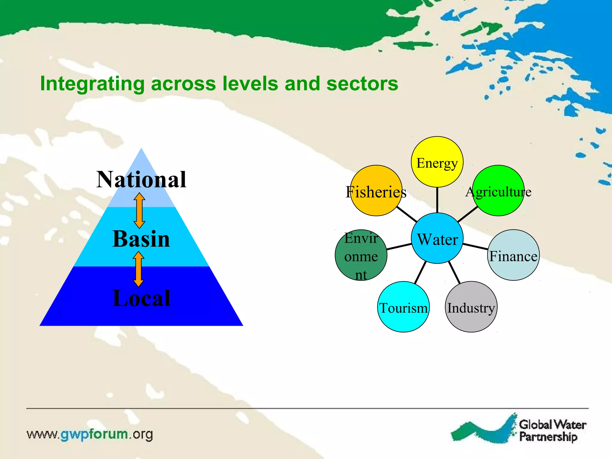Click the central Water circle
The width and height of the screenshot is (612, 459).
pos(437,238)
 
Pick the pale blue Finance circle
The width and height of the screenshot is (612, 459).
pos(513,255)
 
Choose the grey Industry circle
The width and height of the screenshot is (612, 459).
pos(471,307)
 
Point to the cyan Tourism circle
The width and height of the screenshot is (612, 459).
pos(403,307)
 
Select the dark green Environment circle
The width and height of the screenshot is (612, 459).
pos(361,255)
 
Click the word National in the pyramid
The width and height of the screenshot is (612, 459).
pos(141,179)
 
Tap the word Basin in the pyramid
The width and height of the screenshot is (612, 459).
pos(141,239)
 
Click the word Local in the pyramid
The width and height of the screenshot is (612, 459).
pos(141,298)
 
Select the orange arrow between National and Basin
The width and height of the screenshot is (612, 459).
pos(139,210)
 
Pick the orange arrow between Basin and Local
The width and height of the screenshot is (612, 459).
pos(138,269)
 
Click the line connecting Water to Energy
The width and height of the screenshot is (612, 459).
pos(437,200)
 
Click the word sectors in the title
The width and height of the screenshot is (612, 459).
pos(362,83)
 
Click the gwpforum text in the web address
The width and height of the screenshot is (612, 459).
pos(94,434)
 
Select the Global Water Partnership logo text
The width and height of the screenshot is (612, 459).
pos(552,431)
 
